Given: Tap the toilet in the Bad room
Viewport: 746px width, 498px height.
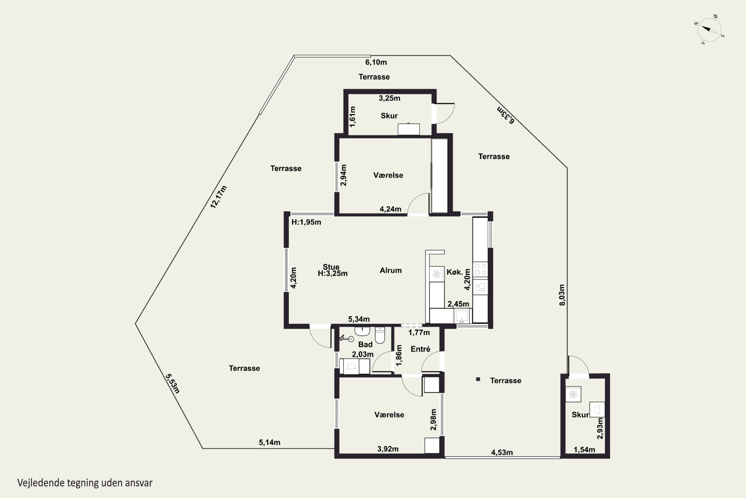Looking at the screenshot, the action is (380, 335).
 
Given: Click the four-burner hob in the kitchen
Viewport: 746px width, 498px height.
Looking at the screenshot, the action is (480, 269).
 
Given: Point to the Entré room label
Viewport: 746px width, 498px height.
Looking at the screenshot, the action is (420, 349).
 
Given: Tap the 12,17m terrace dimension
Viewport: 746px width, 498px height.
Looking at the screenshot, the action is (219, 197).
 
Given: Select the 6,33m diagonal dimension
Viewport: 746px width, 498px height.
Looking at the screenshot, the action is (505, 115).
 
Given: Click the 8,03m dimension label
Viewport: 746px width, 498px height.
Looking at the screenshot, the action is (562, 295).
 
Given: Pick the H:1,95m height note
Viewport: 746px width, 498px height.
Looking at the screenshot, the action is (306, 222).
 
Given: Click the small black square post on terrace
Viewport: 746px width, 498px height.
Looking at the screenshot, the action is (478, 379).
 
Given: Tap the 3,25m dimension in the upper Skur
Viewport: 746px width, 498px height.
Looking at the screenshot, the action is (389, 98).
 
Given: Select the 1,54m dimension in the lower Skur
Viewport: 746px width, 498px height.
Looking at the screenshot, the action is (584, 450).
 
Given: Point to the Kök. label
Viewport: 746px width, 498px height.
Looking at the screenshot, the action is (455, 272).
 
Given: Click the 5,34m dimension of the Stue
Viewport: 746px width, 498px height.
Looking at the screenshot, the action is (359, 319).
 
